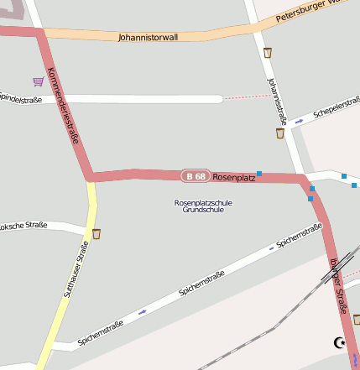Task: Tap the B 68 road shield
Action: coord(196,176)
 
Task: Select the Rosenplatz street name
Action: coord(234,177)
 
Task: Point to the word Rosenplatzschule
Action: coord(203,202)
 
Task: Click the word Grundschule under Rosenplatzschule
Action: coord(203,210)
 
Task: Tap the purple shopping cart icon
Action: coord(39,81)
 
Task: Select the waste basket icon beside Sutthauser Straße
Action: coord(97,234)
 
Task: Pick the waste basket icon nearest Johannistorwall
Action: coord(268,53)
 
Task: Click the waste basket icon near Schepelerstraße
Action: coord(280,133)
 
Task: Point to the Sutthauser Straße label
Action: coord(76,270)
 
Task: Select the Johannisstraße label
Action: coord(277,102)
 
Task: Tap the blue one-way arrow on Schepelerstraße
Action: coord(299,122)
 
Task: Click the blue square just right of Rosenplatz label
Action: coord(260,174)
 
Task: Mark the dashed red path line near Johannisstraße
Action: coord(248,97)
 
